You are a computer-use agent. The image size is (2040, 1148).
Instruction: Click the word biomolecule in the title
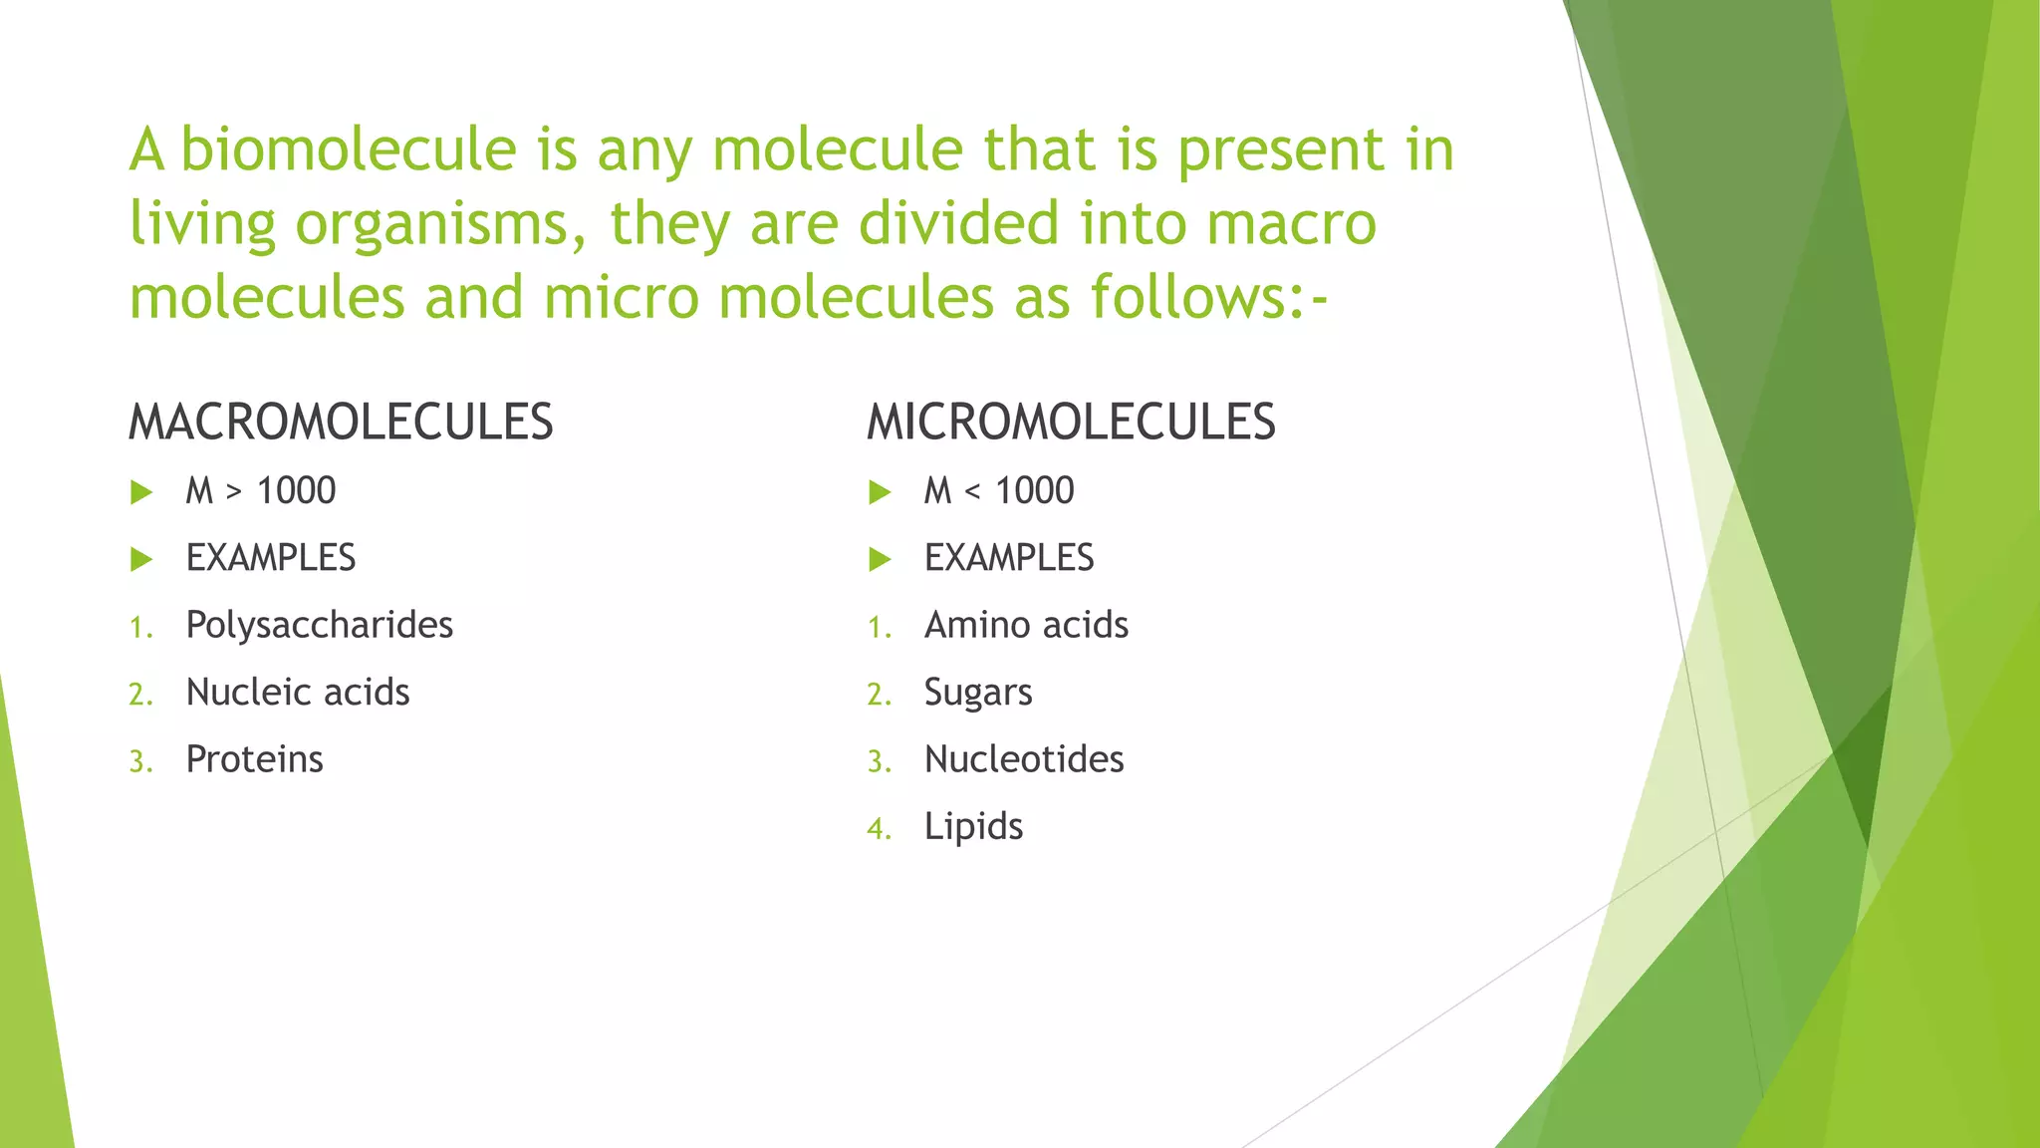[348, 149]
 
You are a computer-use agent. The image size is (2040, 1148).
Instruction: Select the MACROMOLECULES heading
[341, 422]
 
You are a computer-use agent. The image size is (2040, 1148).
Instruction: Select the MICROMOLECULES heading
[1071, 422]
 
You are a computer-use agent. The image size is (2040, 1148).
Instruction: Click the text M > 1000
[261, 491]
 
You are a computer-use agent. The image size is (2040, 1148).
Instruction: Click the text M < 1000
[999, 491]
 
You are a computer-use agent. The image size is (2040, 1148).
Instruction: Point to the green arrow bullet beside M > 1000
[141, 492]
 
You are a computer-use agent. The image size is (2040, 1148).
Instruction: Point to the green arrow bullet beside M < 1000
[880, 492]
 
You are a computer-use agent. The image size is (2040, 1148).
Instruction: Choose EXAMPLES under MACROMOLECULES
[271, 558]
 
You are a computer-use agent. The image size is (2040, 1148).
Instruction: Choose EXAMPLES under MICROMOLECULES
[1009, 558]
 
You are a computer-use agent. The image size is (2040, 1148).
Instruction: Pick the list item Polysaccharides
[320, 626]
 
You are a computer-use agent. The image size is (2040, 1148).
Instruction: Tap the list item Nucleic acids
[298, 693]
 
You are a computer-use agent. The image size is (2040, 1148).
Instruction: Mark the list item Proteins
[255, 759]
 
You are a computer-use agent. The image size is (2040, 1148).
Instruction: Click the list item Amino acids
[1026, 626]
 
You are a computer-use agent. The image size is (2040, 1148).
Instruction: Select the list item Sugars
[978, 693]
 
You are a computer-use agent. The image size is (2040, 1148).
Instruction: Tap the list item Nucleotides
[1024, 759]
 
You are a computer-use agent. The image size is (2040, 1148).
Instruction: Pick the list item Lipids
[973, 827]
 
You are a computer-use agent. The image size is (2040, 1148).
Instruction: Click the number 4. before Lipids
[879, 829]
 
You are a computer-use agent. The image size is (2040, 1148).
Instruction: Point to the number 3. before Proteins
[140, 762]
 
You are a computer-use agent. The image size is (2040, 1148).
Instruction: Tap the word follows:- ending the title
[1209, 297]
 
